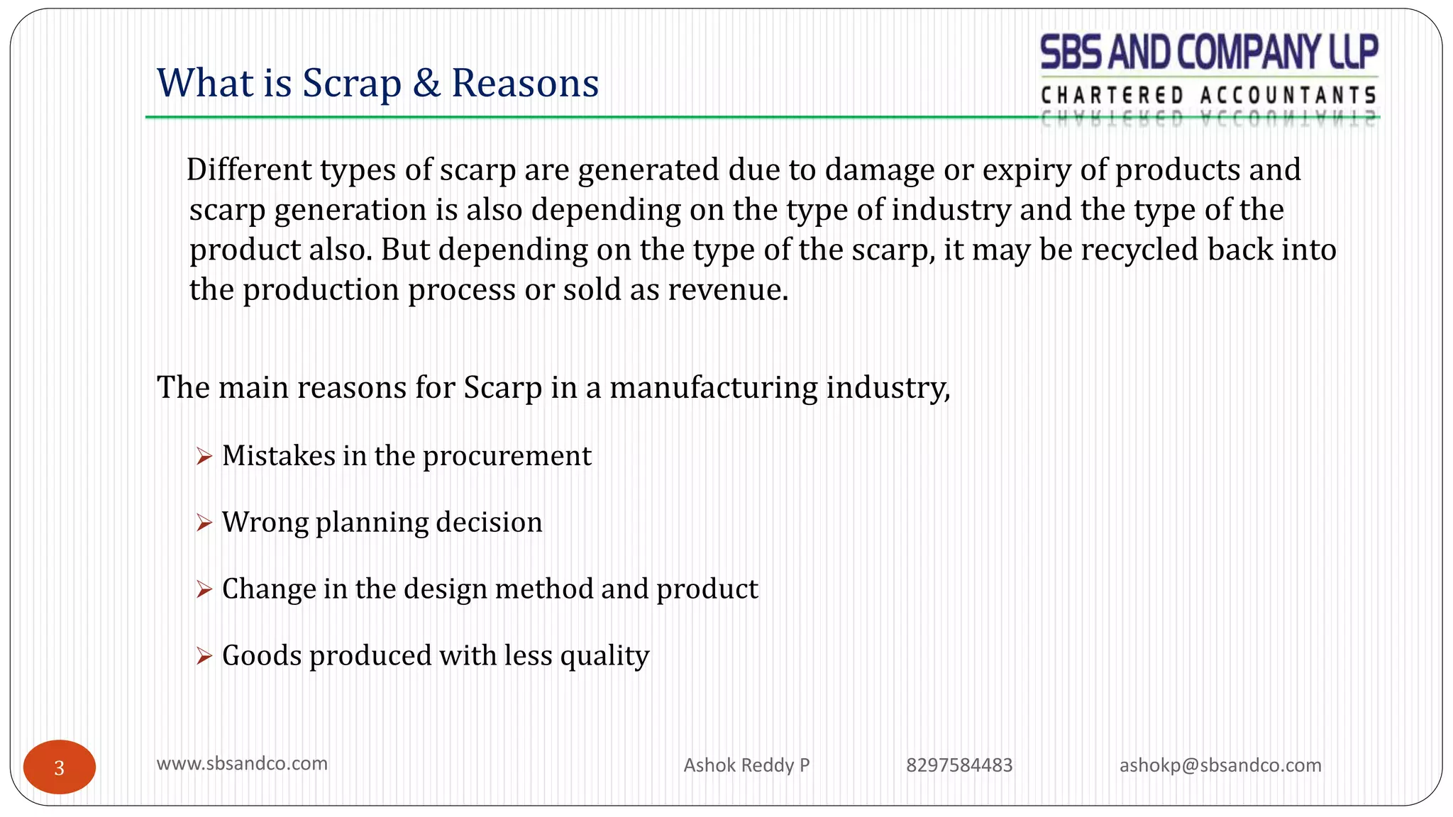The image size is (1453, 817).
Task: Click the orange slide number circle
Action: click(60, 767)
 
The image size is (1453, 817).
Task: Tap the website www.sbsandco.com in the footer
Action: click(242, 764)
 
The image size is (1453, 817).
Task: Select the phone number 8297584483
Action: click(959, 765)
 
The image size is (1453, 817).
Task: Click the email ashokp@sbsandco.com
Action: click(1220, 765)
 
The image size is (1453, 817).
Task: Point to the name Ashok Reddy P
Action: click(746, 765)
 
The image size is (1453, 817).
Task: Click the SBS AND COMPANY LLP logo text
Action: click(1208, 52)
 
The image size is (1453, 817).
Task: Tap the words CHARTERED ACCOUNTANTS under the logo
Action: click(1208, 95)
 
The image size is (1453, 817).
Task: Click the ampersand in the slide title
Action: click(426, 83)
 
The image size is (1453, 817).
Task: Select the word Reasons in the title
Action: click(525, 83)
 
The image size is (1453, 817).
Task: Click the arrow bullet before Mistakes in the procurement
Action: click(204, 456)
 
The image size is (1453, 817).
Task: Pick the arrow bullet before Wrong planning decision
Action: click(204, 523)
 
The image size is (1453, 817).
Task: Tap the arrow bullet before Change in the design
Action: click(204, 589)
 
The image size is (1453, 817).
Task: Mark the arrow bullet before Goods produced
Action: click(204, 656)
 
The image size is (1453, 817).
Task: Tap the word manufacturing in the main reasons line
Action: click(713, 388)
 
